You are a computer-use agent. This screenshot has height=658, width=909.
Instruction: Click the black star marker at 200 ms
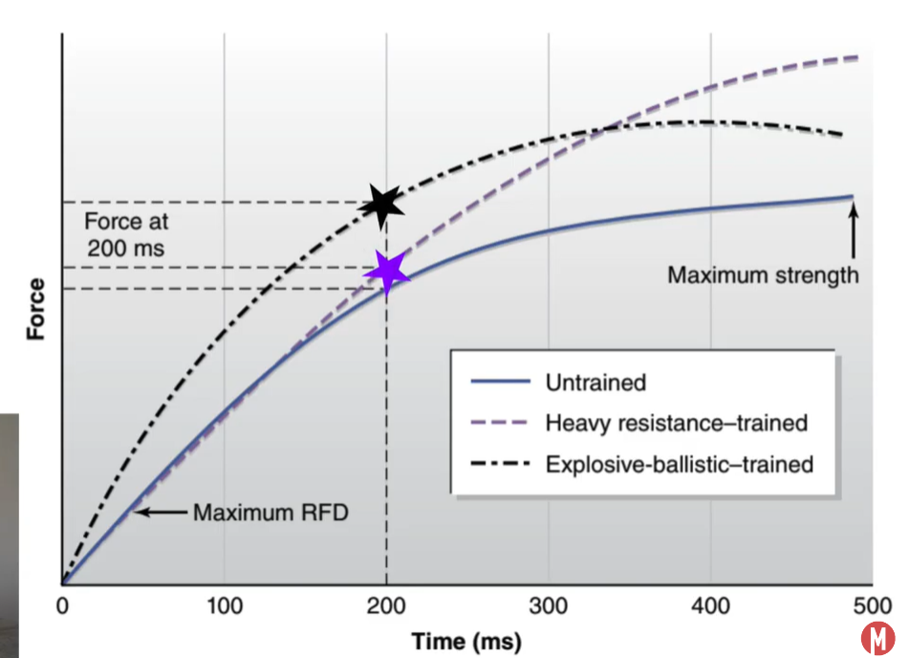pos(382,204)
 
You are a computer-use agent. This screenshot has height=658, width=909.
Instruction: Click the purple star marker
pos(387,274)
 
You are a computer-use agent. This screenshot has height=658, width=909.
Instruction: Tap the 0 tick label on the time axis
pos(62,606)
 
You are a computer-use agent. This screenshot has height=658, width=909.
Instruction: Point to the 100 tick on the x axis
pos(224,606)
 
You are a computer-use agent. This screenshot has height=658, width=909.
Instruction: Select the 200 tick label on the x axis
pos(386,606)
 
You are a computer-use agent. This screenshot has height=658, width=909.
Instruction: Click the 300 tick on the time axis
pos(549,606)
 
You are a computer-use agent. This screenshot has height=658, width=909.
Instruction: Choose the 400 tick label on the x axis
pos(710,606)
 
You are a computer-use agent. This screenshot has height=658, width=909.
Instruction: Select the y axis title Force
pos(36,309)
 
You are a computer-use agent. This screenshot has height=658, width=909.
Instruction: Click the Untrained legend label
pos(595,383)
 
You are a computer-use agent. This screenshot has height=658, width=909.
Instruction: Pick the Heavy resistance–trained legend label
pos(676,423)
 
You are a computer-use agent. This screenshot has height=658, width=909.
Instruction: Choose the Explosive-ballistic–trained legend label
pos(679,465)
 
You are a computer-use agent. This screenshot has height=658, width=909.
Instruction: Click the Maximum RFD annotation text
pos(271,513)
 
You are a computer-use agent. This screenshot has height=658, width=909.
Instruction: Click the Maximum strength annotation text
pos(763,275)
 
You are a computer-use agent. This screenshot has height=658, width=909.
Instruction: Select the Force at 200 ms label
pos(126,233)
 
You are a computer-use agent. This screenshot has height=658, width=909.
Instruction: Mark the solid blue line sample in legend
pos(499,383)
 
